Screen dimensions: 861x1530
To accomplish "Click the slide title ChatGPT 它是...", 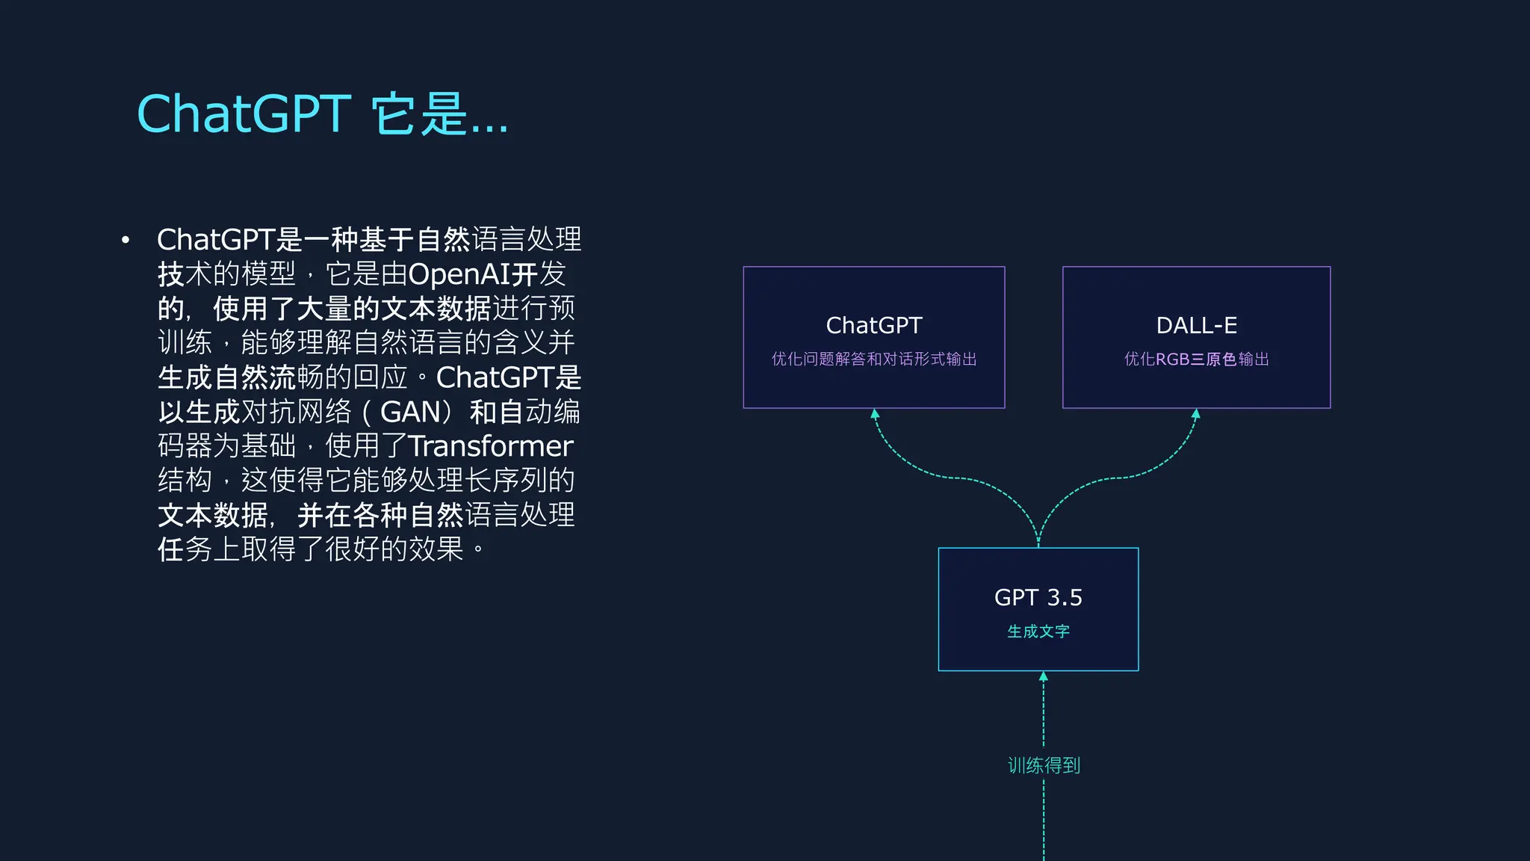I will (322, 114).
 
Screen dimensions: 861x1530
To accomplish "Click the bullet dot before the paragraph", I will (126, 240).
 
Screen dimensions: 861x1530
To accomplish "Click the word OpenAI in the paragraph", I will (459, 274).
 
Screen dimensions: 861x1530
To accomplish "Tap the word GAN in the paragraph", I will (410, 412).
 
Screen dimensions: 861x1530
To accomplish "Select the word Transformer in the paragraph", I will (490, 446).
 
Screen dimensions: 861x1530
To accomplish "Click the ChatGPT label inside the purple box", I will (873, 325).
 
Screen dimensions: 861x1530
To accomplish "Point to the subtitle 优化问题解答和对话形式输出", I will (873, 359).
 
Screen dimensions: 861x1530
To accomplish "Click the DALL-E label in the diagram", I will (1196, 325).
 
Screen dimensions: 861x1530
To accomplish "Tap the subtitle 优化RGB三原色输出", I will (1196, 359).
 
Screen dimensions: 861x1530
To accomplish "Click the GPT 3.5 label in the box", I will (1038, 597).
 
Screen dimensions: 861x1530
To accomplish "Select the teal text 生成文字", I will (1038, 632).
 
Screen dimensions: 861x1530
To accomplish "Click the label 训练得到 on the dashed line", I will (1044, 765).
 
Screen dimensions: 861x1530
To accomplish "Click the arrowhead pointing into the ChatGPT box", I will (875, 413).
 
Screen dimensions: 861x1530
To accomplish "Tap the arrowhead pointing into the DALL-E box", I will (1196, 413).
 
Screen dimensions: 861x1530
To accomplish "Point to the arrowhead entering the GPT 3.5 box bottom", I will (1044, 676).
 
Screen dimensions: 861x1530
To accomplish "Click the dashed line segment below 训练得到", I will (1044, 822).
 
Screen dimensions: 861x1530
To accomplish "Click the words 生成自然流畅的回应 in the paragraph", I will (282, 377).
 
